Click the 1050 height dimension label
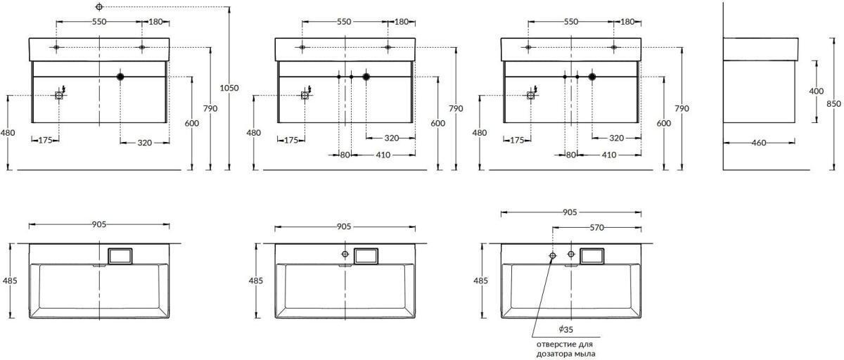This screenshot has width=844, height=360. (x=229, y=88)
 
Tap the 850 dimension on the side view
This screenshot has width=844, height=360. (x=834, y=104)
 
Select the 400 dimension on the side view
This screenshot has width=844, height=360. (x=817, y=91)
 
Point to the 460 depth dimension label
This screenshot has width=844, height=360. (x=759, y=143)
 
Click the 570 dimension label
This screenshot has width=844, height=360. (x=597, y=227)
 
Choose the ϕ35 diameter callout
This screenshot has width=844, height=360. (x=566, y=330)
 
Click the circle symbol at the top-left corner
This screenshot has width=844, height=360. (x=99, y=6)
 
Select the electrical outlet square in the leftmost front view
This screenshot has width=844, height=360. (x=59, y=95)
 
